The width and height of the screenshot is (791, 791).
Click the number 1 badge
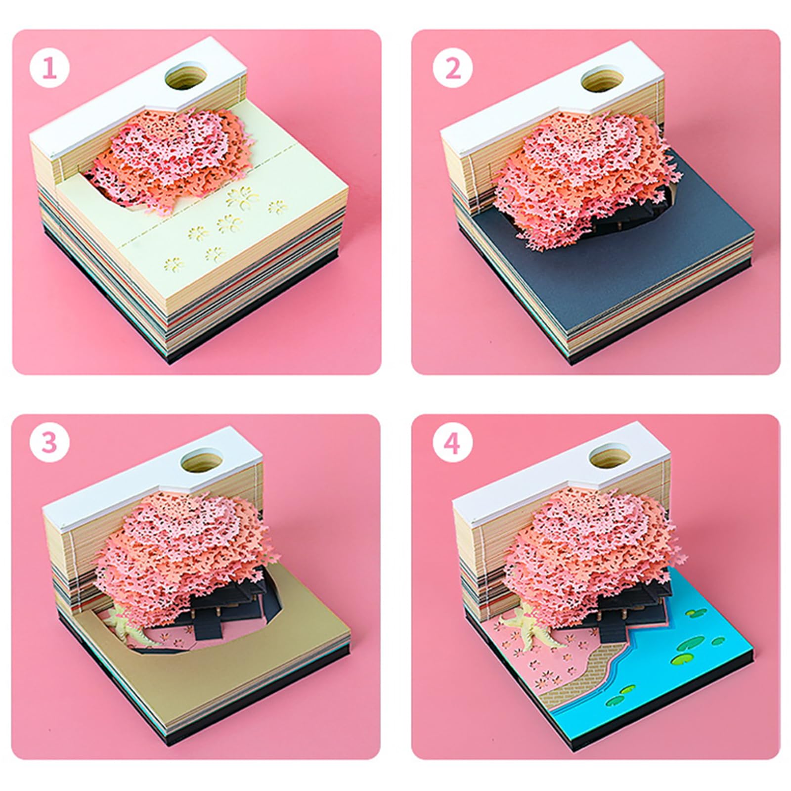[49, 69]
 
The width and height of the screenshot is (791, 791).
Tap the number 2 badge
[453, 69]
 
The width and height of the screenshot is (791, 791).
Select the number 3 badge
[49, 443]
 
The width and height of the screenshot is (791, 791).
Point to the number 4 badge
[453, 443]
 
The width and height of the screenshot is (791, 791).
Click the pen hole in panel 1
[186, 77]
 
